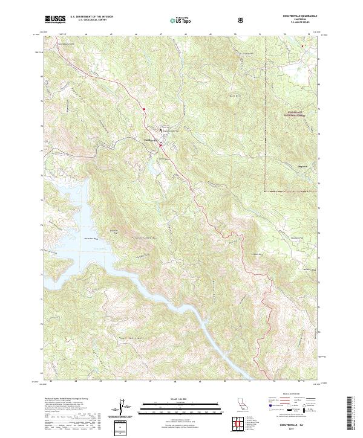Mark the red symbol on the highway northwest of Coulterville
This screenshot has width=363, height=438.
click(x=145, y=109)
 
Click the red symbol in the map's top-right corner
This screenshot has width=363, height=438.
click(x=304, y=44)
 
